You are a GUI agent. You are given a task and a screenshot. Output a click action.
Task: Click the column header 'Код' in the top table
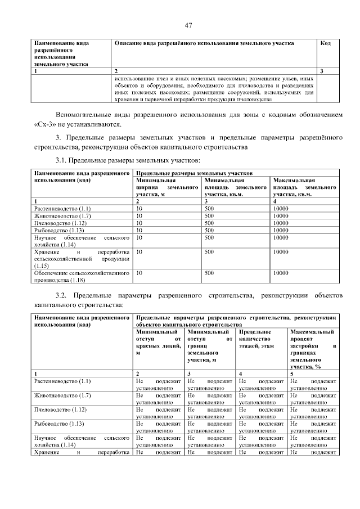click(x=325, y=43)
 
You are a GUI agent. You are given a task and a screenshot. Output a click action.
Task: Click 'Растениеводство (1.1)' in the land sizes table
click(x=62, y=208)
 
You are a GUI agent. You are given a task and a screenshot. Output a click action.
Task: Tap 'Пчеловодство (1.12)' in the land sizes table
click(x=60, y=223)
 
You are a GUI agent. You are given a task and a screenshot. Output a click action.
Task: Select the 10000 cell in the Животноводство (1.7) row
click(x=281, y=215)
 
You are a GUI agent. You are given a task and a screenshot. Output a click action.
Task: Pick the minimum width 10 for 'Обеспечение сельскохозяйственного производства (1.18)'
click(x=139, y=273)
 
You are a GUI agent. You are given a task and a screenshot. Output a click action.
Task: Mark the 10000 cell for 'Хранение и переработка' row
click(x=281, y=252)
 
